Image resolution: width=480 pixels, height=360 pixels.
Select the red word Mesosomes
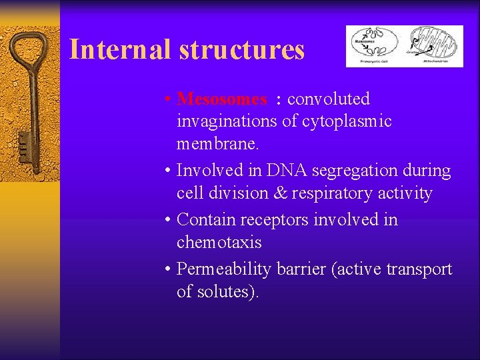coord(222,99)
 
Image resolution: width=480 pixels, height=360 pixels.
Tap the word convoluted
coord(328,99)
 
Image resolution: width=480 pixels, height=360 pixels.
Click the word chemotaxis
coord(219,243)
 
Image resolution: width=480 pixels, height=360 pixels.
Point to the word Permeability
coord(221,269)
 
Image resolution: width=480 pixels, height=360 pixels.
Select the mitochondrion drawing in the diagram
coord(435,41)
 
